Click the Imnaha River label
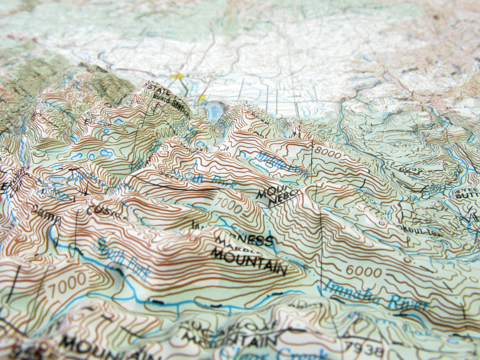click(x=375, y=295)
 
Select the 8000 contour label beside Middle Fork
click(x=329, y=151)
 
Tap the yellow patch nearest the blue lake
click(x=202, y=97)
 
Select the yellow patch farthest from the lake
click(x=176, y=75)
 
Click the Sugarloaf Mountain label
click(x=230, y=331)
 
